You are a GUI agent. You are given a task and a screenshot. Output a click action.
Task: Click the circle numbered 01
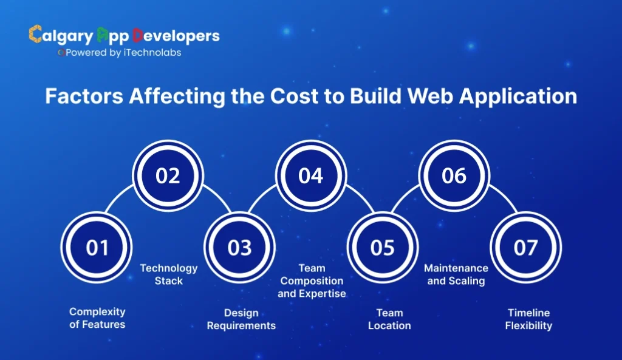pos(97,248)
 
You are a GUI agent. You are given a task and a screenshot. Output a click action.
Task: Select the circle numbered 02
pos(168,175)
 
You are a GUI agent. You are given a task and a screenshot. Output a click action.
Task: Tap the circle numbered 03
pos(239,248)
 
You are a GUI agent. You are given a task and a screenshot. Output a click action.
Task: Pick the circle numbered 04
pos(311,175)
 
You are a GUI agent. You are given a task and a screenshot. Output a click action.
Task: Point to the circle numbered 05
pos(383,248)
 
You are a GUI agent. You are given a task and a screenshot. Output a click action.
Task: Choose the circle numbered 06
pos(454,175)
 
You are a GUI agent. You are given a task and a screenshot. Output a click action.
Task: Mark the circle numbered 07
pos(525,248)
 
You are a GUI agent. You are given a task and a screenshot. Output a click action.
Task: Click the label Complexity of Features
pos(97,318)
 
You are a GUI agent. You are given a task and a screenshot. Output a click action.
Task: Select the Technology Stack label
pos(169,274)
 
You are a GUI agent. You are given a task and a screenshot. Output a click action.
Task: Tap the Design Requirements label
pos(241,319)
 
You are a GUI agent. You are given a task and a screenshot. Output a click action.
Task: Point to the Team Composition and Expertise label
pos(312,280)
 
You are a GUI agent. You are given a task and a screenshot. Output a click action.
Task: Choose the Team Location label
pos(389,319)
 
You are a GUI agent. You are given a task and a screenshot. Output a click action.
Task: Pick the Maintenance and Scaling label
pos(456,274)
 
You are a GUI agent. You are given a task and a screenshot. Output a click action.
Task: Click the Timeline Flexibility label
pos(528,319)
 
